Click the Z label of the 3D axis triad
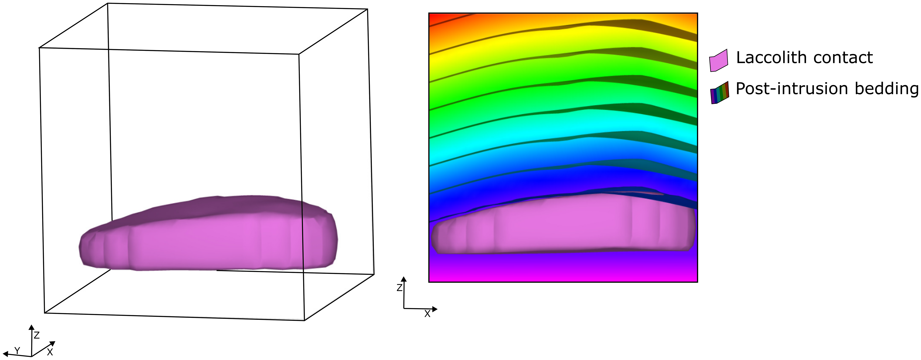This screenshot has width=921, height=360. pyautogui.click(x=36, y=335)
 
